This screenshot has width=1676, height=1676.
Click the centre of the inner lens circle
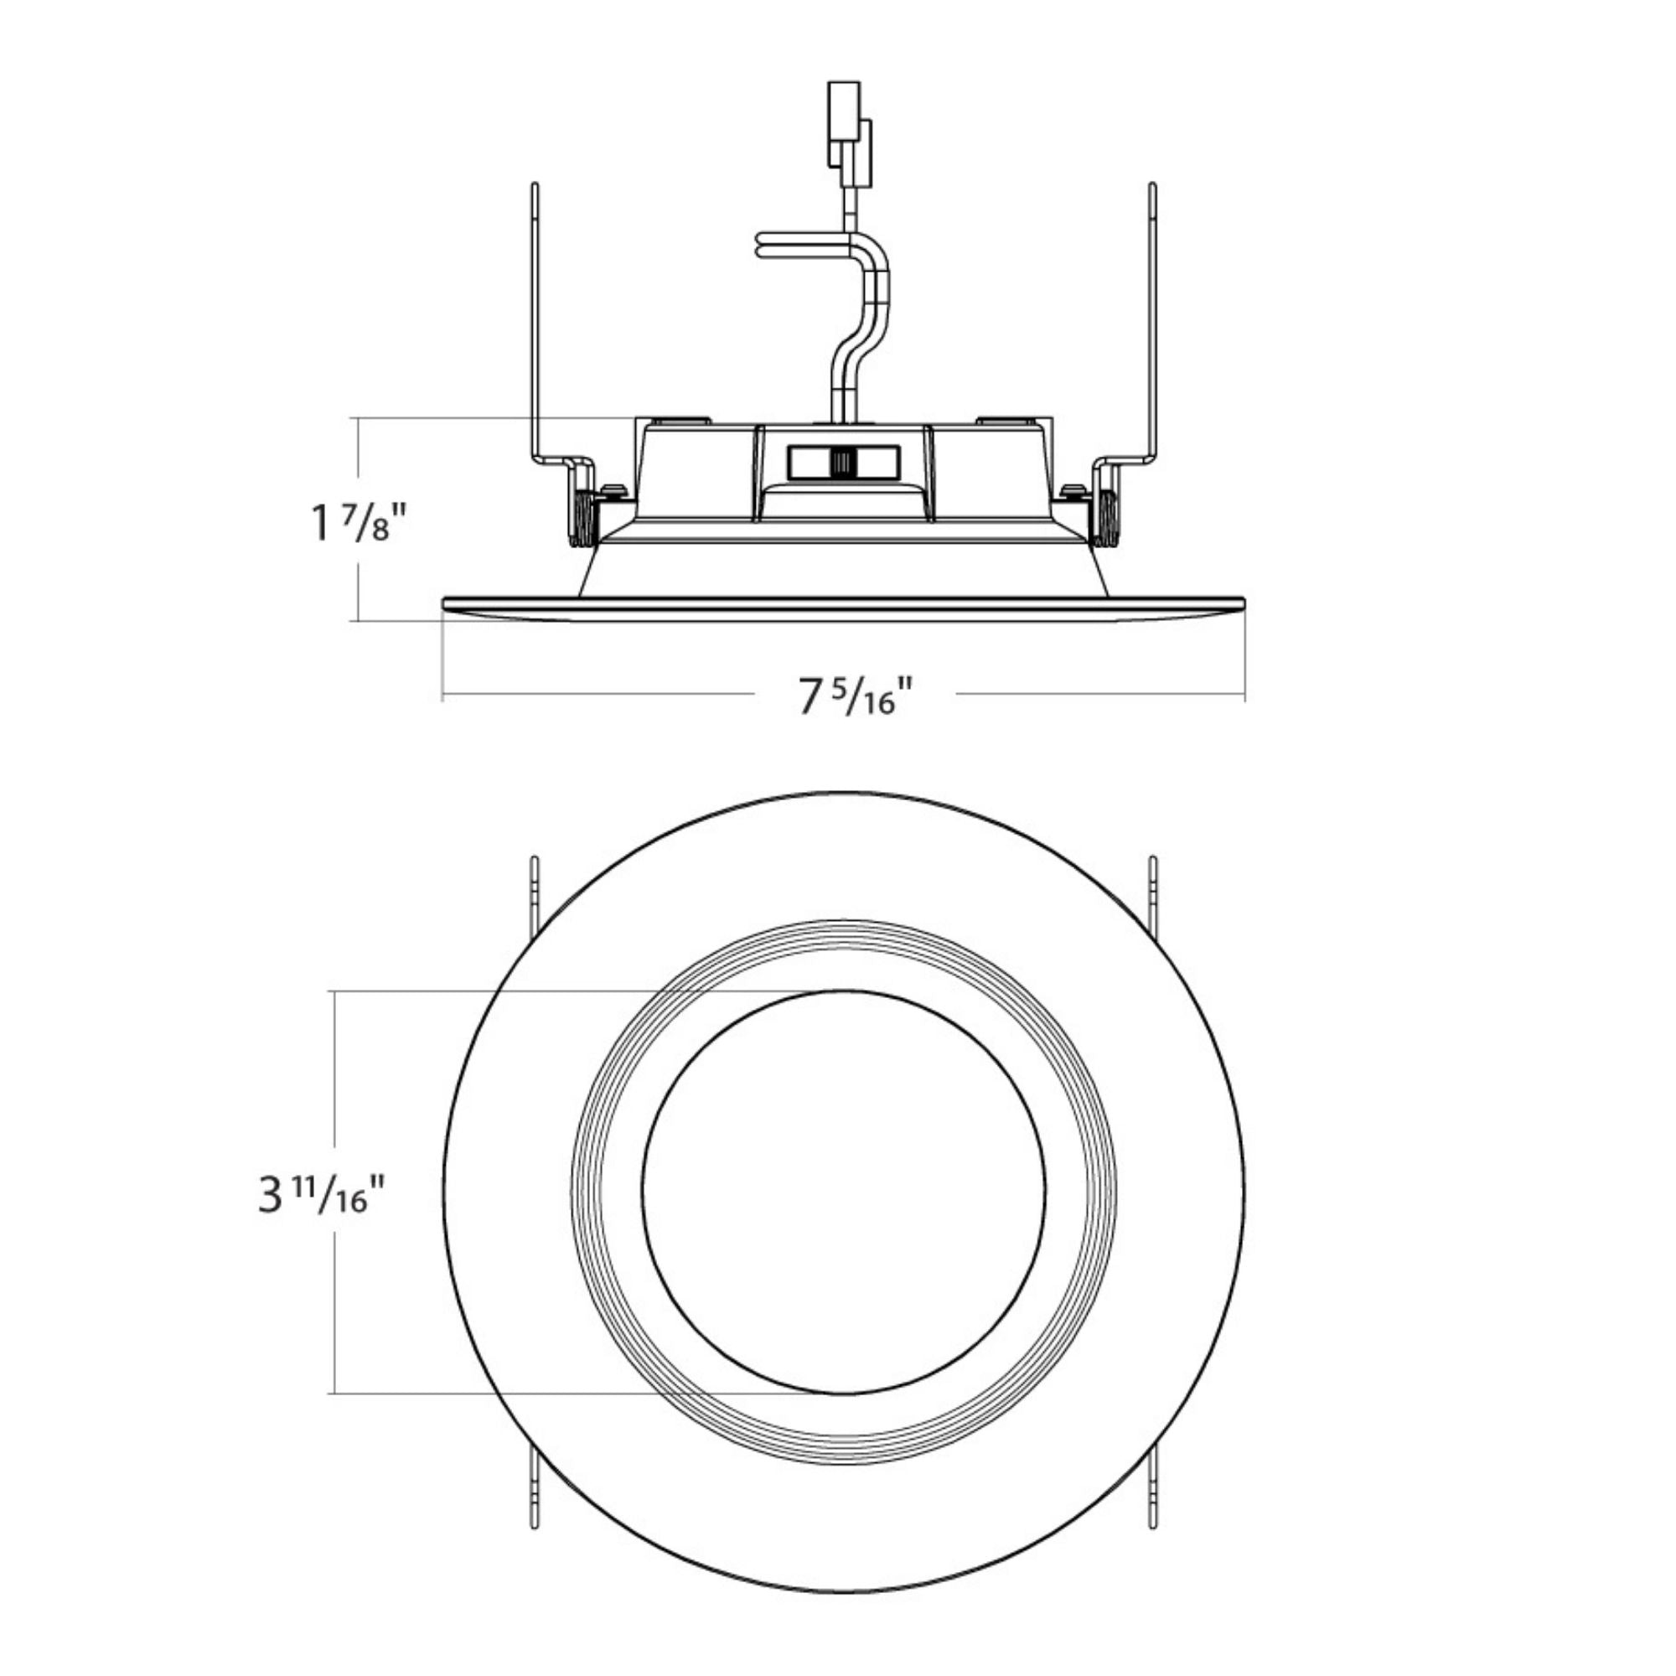pyautogui.click(x=843, y=1192)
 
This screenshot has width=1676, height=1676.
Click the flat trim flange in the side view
pyautogui.click(x=843, y=608)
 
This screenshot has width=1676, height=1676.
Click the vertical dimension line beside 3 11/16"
pyautogui.click(x=334, y=1192)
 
